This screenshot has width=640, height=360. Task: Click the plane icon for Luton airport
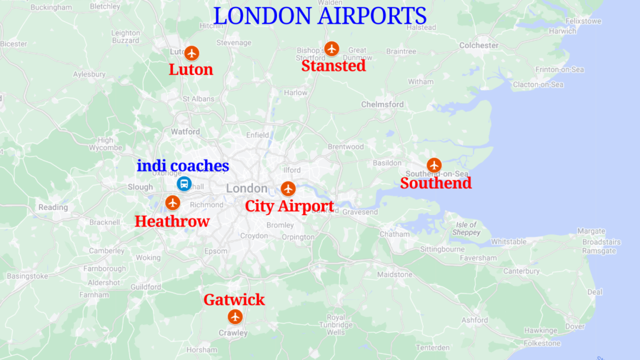point(192,53)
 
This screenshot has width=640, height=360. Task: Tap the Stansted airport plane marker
point(331,48)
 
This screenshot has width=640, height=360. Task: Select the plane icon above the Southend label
point(434,165)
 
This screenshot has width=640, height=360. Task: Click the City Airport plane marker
point(287,188)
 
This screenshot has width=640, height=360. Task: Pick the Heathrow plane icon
point(172,202)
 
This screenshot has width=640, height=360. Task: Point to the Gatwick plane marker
point(235,317)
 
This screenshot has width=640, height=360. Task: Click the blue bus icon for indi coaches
point(184,183)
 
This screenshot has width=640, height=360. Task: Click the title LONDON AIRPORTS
point(320,16)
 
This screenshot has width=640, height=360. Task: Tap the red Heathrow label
point(172,221)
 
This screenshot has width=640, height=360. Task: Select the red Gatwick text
point(234,300)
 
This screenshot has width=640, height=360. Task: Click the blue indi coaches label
point(183,166)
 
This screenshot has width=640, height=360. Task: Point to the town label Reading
point(53,207)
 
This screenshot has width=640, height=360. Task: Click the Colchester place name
point(479,45)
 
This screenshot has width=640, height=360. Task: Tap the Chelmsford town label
point(382,104)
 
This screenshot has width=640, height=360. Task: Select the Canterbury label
point(521,271)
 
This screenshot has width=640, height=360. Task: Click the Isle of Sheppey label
point(467,229)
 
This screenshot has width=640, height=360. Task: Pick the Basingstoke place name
point(27,276)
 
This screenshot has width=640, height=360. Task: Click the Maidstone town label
point(395,274)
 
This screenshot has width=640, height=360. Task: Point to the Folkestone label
point(542,343)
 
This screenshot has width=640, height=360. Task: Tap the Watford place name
point(186,132)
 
